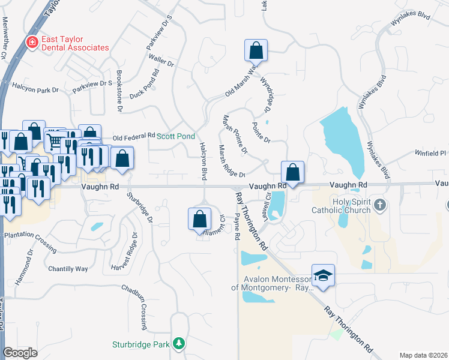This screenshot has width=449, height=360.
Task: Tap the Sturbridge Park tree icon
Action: tap(178, 344)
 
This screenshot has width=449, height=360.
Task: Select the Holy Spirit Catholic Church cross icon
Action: tap(379, 206)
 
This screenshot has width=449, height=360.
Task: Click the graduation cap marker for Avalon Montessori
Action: tap(323, 275)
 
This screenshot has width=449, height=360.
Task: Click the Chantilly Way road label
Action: tap(68, 268)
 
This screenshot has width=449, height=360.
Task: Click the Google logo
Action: tap(20, 353)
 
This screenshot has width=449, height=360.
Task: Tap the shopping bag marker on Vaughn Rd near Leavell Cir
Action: tap(292, 172)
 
